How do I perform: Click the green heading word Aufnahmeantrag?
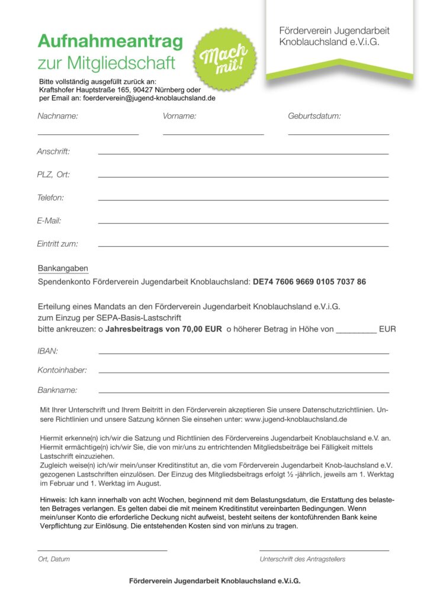tap(110, 41)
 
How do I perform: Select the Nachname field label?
tap(57, 116)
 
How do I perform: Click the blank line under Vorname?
tap(213, 134)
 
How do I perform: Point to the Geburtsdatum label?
tap(314, 116)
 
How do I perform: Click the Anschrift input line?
tap(243, 154)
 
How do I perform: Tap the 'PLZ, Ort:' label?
tap(53, 175)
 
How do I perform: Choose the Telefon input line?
tap(243, 200)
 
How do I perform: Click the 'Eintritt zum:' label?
tap(57, 243)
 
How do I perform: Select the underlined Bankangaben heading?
tap(63, 269)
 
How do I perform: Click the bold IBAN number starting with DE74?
tap(309, 282)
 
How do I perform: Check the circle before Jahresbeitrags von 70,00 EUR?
tap(101, 329)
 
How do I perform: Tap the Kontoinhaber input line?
tap(243, 372)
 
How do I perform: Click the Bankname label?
tap(57, 391)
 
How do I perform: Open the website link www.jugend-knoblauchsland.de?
tap(295, 419)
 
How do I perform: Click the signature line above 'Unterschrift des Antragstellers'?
tap(324, 550)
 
